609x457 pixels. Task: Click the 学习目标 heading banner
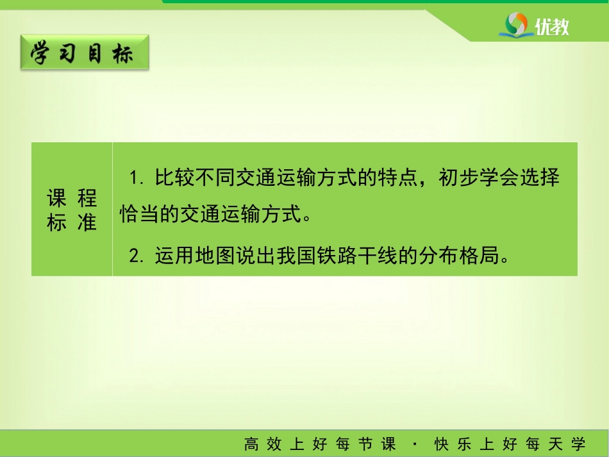click(85, 53)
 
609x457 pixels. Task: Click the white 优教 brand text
click(551, 27)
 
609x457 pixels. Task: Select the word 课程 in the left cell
click(72, 198)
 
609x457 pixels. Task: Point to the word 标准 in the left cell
click(72, 222)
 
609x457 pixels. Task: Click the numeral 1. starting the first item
click(137, 178)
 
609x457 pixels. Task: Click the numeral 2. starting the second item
click(137, 256)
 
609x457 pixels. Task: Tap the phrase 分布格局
click(459, 256)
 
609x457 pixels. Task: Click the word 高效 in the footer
click(263, 444)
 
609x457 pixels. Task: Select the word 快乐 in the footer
click(453, 444)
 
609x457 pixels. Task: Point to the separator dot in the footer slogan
click(415, 444)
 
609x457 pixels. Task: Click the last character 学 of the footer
click(578, 444)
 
